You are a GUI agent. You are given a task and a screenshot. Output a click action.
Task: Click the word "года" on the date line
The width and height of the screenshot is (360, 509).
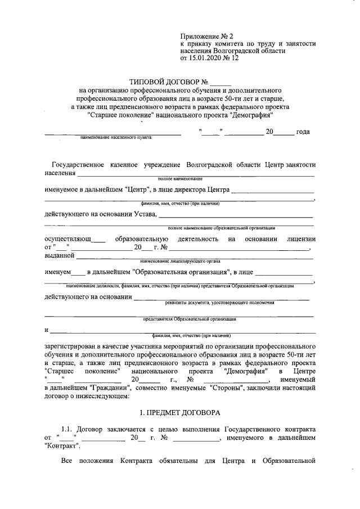click(x=303, y=132)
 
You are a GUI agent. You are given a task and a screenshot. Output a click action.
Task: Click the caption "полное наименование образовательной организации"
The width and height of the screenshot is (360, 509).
click(x=221, y=228)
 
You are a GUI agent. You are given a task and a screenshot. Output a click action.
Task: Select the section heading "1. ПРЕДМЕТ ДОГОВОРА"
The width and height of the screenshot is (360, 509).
click(x=180, y=412)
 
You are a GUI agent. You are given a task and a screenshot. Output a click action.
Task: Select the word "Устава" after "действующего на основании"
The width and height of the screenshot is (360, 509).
click(x=145, y=214)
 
